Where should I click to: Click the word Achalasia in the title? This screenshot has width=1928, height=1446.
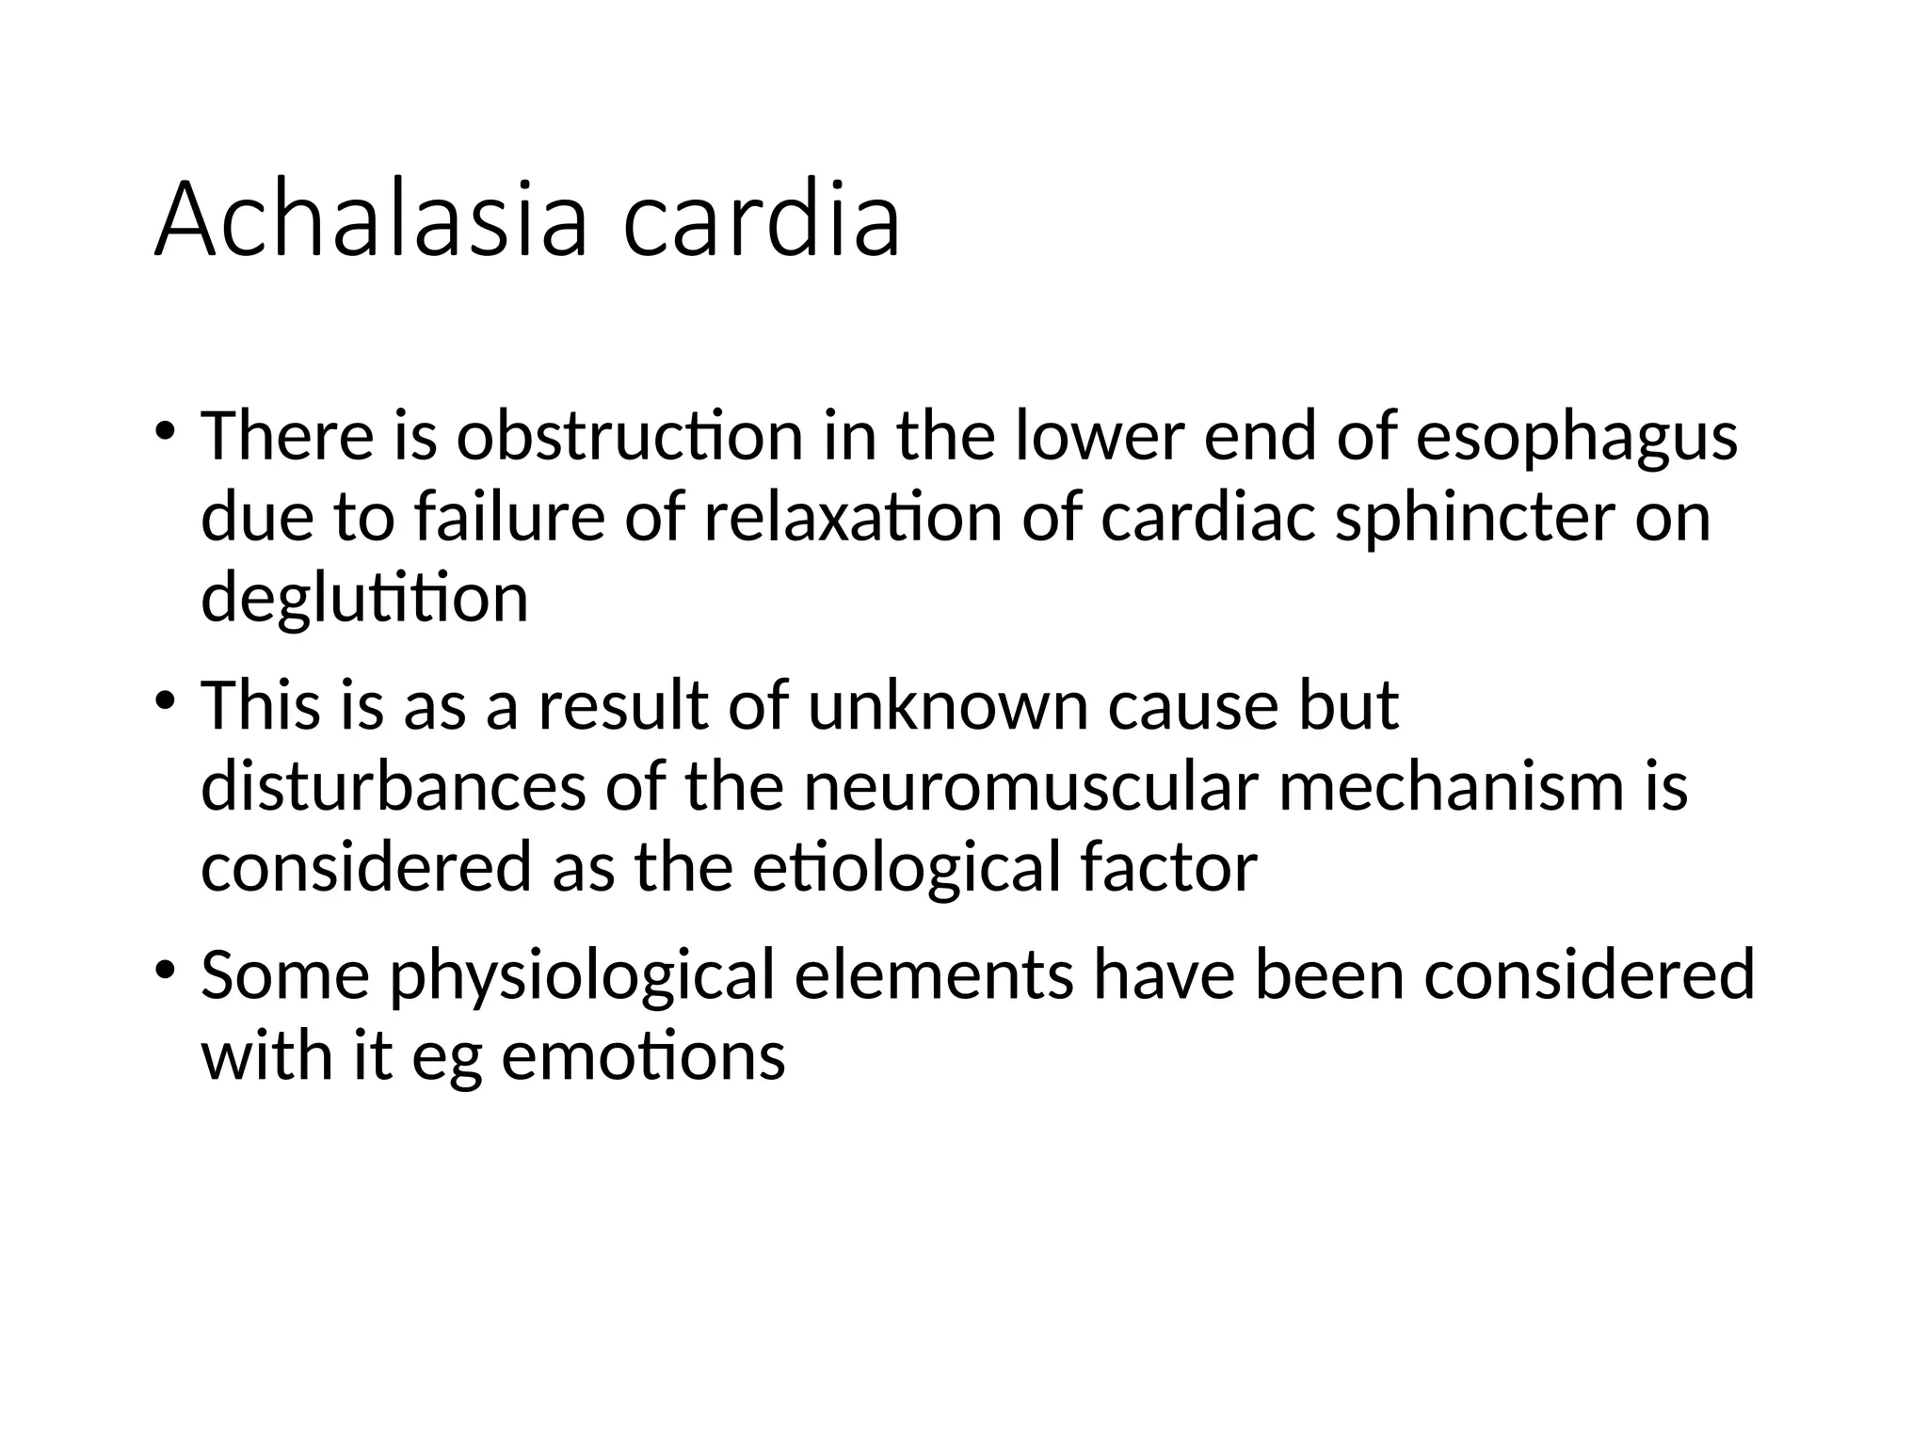click(371, 222)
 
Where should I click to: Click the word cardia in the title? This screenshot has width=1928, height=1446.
click(762, 222)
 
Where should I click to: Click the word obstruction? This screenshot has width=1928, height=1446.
click(629, 437)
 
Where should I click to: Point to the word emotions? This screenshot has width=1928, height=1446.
click(643, 1055)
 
